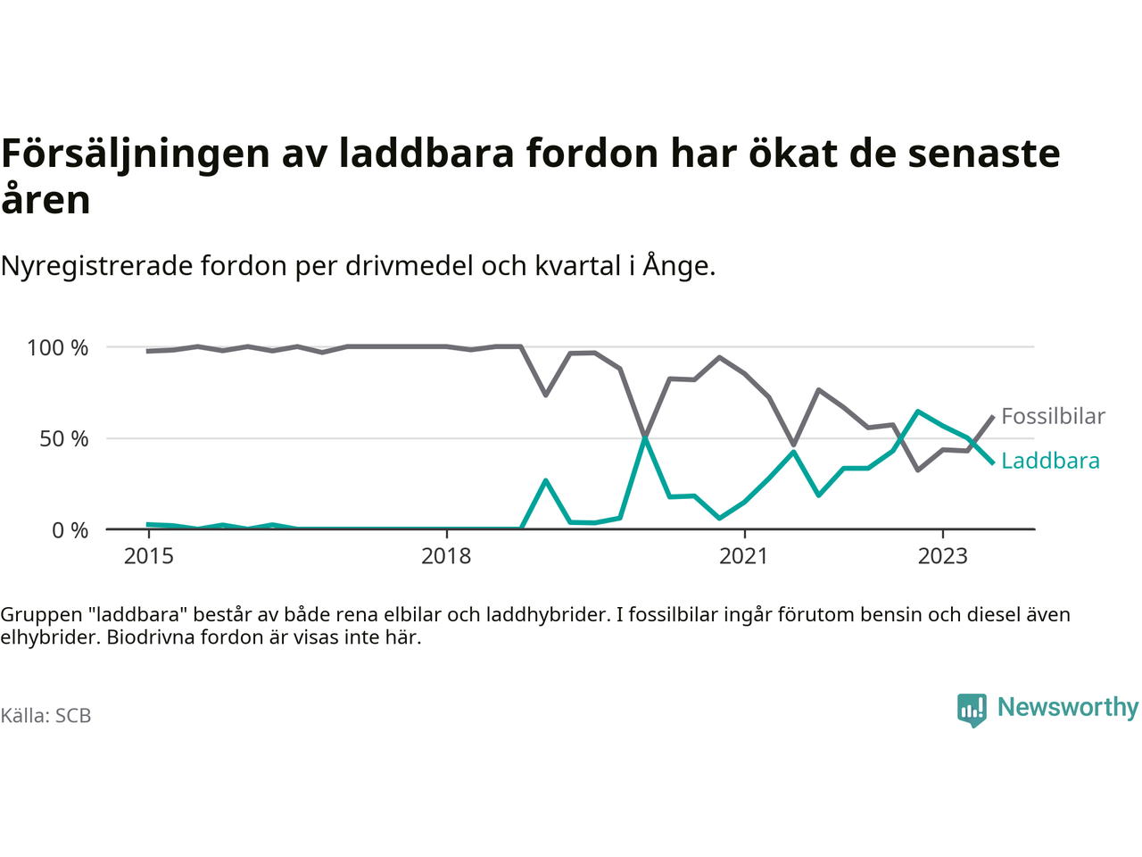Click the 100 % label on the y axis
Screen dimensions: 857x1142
[x=58, y=347]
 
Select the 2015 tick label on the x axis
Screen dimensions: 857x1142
[x=149, y=556]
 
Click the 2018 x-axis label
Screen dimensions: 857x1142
[x=446, y=556]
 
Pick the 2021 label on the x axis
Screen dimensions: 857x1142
[x=743, y=556]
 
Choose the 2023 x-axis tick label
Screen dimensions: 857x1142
[x=942, y=556]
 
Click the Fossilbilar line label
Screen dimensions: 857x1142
[x=1053, y=416]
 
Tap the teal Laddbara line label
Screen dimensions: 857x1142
[x=1050, y=461]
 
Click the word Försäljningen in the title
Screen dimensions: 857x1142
[x=135, y=154]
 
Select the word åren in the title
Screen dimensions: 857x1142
[x=46, y=199]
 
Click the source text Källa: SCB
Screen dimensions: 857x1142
[x=46, y=716]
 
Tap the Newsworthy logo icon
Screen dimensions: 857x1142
[x=972, y=710]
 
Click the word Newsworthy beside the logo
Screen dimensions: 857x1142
[x=1068, y=707]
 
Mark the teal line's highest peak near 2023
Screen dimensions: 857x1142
[x=918, y=412]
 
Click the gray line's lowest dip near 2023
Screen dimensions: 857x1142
[x=918, y=470]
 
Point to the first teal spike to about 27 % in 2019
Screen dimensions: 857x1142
[x=545, y=480]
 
